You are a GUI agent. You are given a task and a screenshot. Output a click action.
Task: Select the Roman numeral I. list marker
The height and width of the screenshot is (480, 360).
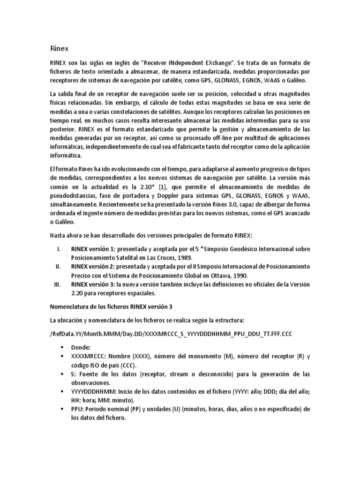[59, 249]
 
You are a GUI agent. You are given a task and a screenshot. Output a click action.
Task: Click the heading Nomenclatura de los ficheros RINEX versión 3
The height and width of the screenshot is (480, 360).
[112, 307]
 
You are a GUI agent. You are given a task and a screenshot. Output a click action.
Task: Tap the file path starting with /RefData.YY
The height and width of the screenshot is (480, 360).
[177, 333]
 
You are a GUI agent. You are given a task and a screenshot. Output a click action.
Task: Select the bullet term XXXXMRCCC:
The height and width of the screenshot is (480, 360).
[89, 356]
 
